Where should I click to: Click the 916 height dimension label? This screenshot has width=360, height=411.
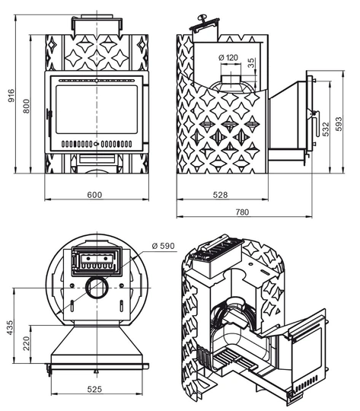click(x=11, y=96)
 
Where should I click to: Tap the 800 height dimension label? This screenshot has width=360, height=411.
click(x=26, y=106)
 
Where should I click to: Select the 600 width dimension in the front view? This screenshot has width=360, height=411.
click(x=94, y=195)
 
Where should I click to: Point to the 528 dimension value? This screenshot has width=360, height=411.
click(x=220, y=195)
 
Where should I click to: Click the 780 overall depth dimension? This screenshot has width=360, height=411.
click(x=242, y=212)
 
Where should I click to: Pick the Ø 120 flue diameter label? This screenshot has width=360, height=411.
click(x=228, y=57)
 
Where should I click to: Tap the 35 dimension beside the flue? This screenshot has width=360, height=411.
click(x=251, y=63)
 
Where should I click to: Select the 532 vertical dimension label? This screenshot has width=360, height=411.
click(x=326, y=129)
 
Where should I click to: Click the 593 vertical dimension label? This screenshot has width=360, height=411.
click(x=339, y=124)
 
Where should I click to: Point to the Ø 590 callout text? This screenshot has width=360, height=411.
click(x=163, y=246)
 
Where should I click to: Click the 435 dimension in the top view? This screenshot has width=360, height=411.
click(x=10, y=327)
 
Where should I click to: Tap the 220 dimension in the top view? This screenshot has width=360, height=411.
click(x=26, y=343)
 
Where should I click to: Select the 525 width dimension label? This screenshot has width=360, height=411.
click(x=94, y=389)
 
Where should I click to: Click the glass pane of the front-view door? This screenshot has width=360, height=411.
click(x=97, y=110)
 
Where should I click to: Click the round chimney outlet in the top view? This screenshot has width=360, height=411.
click(x=97, y=287)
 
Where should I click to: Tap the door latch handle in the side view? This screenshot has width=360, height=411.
click(x=315, y=123)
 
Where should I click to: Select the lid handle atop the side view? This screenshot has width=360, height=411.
click(x=204, y=21)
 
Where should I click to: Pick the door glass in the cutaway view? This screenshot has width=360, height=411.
click(x=307, y=351)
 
